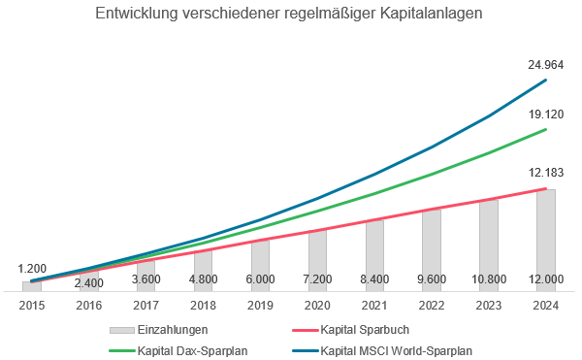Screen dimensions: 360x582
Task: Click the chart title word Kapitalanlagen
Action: click(x=427, y=16)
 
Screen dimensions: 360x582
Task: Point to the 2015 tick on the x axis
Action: click(x=32, y=304)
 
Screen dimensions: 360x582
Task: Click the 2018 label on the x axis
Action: click(x=203, y=304)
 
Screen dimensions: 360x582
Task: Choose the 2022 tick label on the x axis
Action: click(x=432, y=304)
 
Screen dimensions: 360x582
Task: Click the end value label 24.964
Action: click(x=546, y=65)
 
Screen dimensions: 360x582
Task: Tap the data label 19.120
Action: click(x=546, y=114)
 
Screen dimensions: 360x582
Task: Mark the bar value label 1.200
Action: click(x=33, y=268)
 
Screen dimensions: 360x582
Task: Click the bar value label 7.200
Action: click(x=317, y=278)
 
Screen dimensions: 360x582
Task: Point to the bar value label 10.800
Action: click(x=489, y=278)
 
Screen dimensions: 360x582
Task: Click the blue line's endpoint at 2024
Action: click(x=546, y=80)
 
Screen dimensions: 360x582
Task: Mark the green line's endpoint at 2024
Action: click(x=546, y=129)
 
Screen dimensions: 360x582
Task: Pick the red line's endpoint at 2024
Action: click(x=546, y=188)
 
